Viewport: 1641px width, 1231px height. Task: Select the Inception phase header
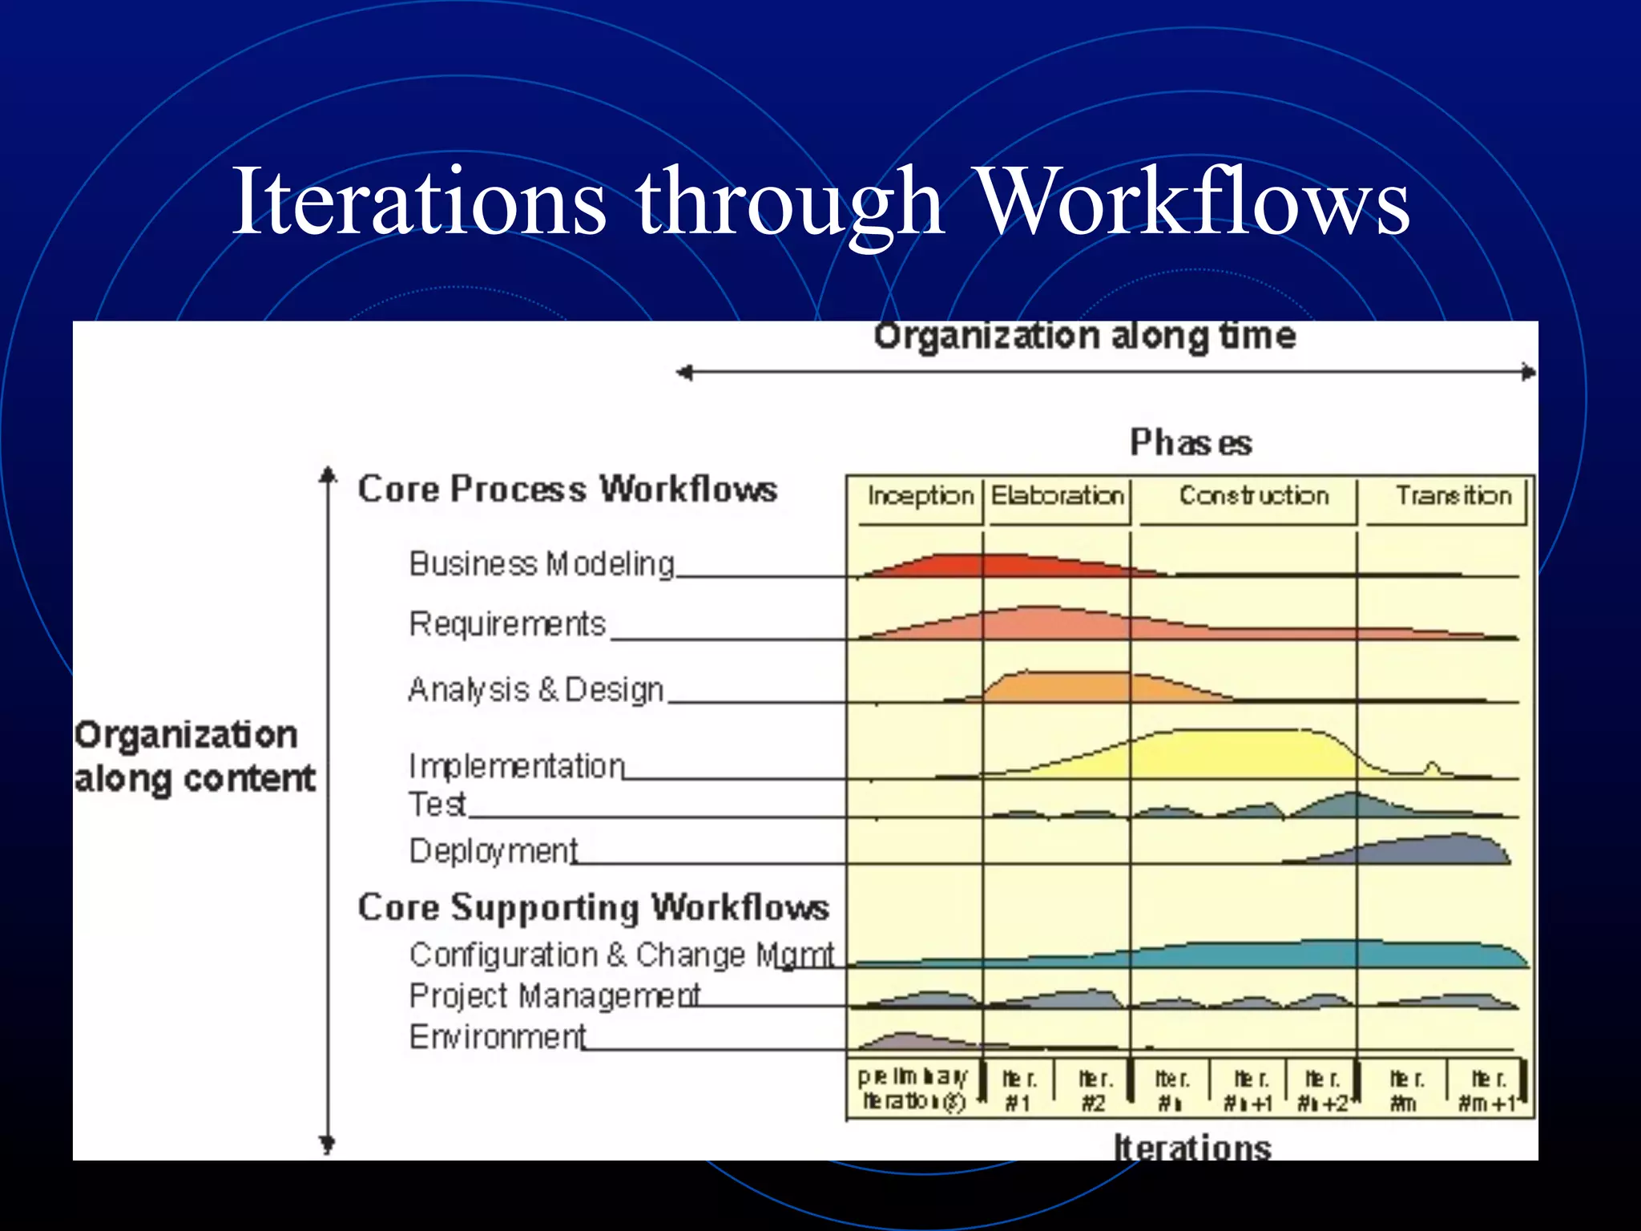[x=920, y=496]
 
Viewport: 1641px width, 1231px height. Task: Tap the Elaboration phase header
[x=1058, y=496]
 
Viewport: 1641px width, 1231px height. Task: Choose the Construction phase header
[x=1253, y=496]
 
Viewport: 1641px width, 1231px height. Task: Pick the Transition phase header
[x=1453, y=496]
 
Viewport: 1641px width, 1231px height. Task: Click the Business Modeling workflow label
[x=542, y=564]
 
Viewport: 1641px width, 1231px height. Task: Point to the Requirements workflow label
[x=507, y=624]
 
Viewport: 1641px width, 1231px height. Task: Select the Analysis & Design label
[x=535, y=689]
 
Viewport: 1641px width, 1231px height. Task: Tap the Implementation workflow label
[x=517, y=766]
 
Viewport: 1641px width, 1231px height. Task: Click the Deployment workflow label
[x=494, y=851]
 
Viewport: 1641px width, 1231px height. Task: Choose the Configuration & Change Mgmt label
[x=622, y=955]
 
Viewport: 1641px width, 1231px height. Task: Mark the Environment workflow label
[x=498, y=1037]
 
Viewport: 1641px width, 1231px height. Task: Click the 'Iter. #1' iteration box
[x=1018, y=1091]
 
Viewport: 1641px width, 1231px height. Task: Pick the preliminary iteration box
[x=913, y=1089]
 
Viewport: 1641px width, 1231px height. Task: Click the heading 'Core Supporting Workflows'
[x=593, y=908]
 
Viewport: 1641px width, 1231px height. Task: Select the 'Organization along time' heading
[x=1084, y=337]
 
